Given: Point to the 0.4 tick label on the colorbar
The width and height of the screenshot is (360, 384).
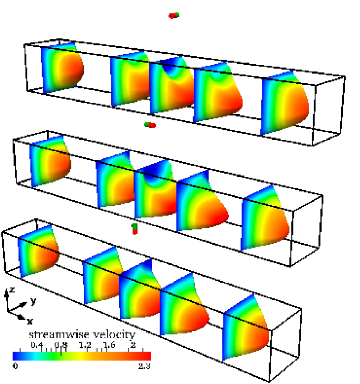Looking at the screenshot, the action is point(37,345).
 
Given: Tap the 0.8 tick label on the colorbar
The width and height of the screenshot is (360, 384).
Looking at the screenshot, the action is point(61,345).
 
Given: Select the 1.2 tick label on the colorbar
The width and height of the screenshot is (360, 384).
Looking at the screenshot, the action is point(85,345).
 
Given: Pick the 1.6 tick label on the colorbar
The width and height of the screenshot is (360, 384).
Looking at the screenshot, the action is point(109,345).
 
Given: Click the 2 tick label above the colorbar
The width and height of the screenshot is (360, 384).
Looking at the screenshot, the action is point(133,345).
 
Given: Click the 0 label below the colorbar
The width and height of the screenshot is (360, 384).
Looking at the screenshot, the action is point(15,366).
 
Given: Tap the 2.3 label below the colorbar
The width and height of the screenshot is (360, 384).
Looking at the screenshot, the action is point(144,366).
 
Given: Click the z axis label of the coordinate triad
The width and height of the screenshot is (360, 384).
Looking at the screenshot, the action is point(12,290).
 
